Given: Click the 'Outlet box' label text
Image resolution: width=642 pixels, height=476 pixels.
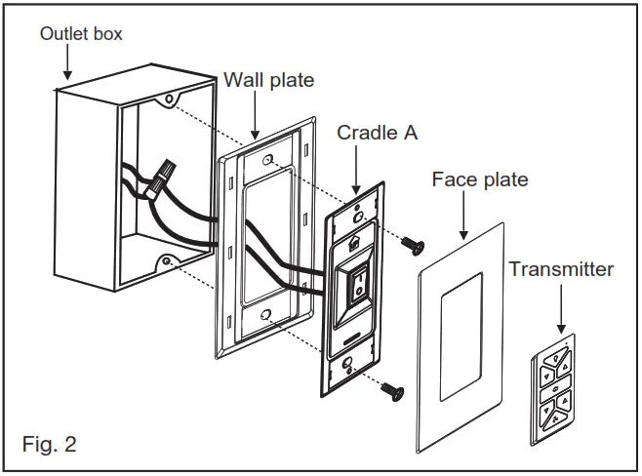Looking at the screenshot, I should (81, 34).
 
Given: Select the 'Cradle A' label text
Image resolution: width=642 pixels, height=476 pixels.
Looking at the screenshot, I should (377, 132).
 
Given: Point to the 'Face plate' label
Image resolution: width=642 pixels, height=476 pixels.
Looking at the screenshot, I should (480, 179).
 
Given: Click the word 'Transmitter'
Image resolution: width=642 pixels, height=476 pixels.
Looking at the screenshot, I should (561, 268).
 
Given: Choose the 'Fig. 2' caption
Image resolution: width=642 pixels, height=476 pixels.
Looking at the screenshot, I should (49, 445).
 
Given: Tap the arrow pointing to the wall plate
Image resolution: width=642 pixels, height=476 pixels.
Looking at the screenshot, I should (255, 115).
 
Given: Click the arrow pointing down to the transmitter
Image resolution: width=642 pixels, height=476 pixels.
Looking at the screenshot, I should (560, 313).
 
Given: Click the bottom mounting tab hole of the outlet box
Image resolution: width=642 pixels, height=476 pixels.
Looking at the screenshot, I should (168, 261).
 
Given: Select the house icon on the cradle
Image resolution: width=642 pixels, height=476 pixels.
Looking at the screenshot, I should (354, 234).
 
